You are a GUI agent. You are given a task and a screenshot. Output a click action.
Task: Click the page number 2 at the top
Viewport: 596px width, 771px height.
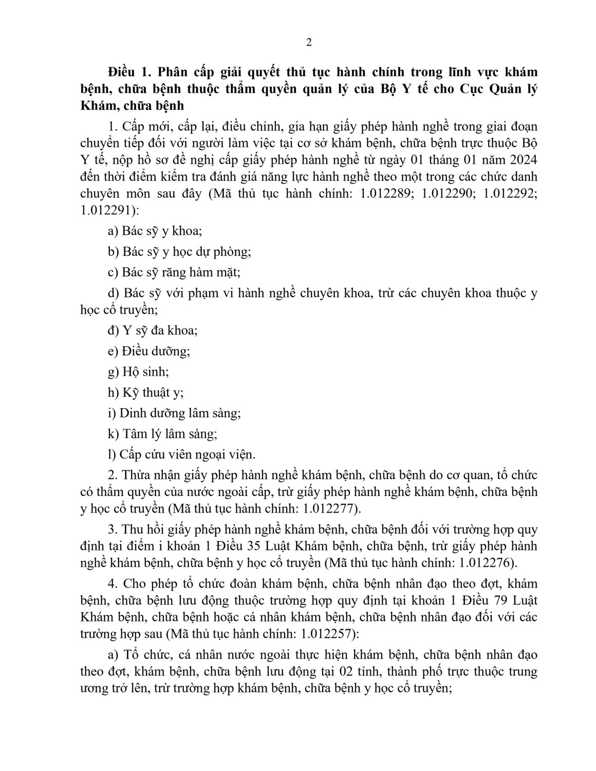pos(309,43)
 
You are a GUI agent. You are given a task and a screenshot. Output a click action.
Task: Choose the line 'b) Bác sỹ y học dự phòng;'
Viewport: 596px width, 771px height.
pos(179,252)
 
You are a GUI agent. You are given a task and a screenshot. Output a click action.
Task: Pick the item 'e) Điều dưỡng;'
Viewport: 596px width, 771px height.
pos(148,351)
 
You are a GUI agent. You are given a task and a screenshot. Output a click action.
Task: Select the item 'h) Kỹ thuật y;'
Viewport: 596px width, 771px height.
pos(145,392)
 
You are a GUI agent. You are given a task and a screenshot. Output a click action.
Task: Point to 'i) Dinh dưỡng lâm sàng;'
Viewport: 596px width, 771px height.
pos(174,413)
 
